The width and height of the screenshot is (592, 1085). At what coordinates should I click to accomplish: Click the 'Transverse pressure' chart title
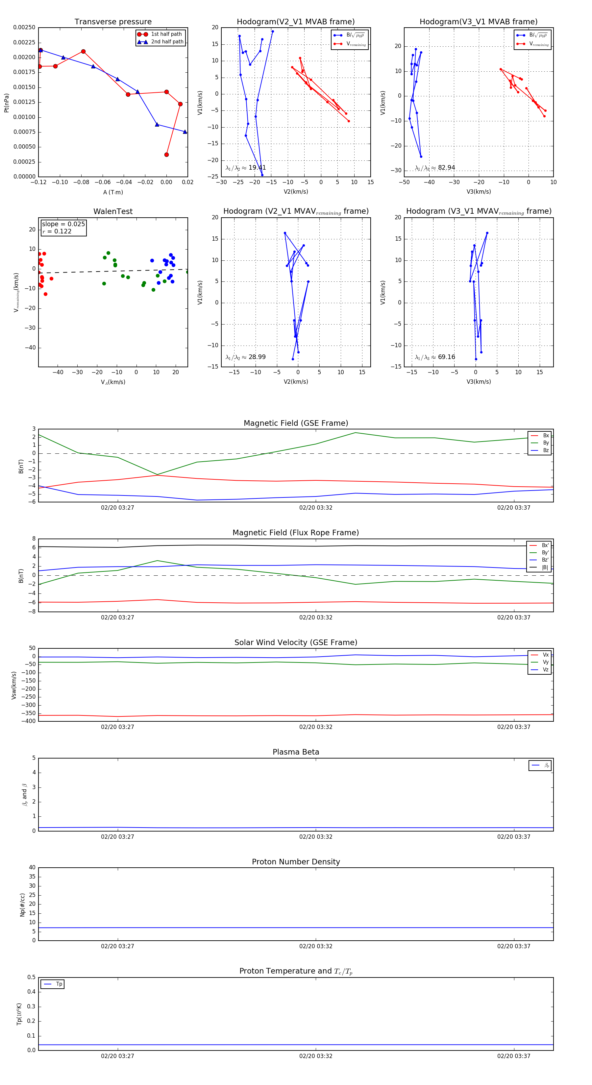coord(113,22)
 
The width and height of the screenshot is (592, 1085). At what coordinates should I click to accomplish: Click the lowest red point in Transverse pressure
coord(166,155)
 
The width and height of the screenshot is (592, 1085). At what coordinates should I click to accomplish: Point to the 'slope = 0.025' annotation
coord(63,224)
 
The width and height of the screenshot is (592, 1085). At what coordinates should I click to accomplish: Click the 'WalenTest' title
coord(113,211)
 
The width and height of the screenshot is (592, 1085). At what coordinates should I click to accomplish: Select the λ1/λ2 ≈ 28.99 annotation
coord(246,357)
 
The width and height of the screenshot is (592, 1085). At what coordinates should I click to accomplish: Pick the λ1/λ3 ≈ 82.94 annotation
coord(435,168)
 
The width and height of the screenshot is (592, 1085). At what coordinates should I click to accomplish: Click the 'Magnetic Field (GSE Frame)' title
coord(296,423)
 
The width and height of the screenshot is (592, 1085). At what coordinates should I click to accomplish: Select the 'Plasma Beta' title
coord(296,752)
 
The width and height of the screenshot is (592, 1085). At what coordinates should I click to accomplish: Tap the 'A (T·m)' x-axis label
coord(113,192)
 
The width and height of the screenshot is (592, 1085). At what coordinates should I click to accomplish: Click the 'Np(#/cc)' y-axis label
coord(22,904)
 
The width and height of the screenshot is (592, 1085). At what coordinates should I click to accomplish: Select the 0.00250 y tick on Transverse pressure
coord(24,27)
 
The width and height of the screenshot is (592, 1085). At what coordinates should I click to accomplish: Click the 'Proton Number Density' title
coord(296,862)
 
